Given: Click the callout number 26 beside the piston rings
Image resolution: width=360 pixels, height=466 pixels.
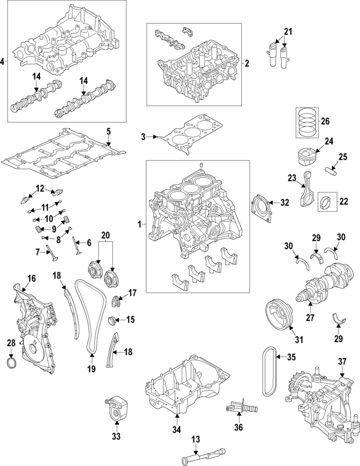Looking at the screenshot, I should click(x=325, y=122).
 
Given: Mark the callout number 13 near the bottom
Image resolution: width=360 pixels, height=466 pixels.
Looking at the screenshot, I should click(x=195, y=439).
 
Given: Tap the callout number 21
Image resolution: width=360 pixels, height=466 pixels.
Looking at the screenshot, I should click(x=288, y=30).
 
